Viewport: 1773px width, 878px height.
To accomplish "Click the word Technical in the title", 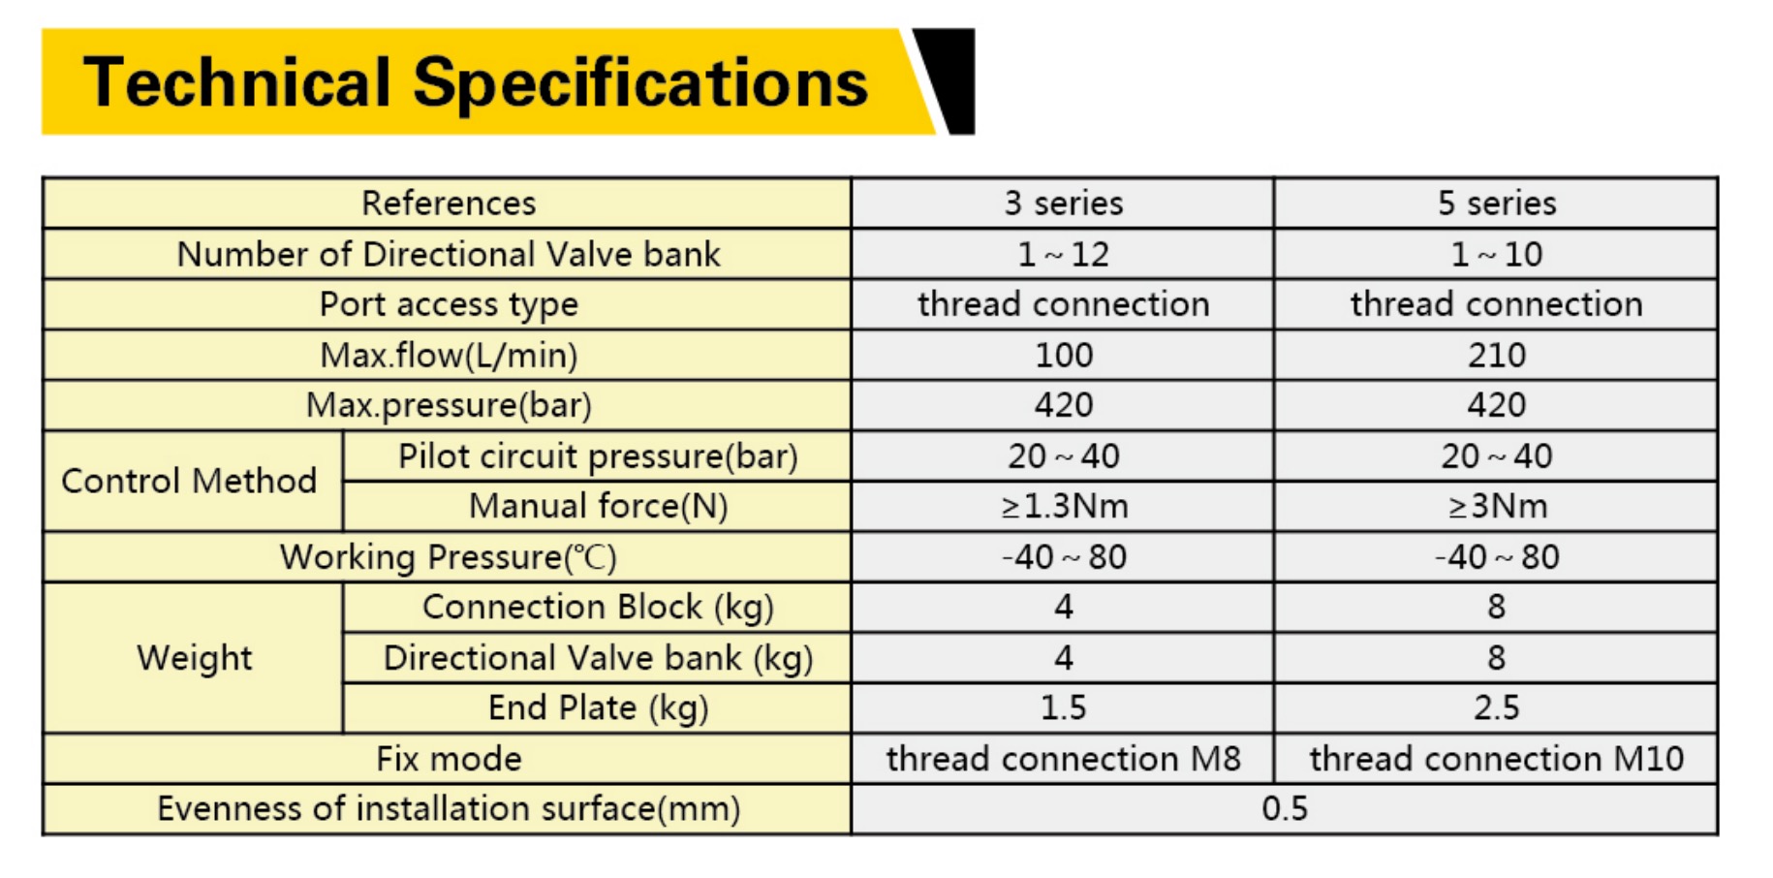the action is coord(237,81).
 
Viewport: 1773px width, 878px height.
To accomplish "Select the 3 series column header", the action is coord(1063,204).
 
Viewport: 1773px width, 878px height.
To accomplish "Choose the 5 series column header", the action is coord(1497,204).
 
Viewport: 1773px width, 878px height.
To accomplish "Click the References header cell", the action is coord(449,204).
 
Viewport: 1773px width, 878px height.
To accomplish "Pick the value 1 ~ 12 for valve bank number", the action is coord(1063,254).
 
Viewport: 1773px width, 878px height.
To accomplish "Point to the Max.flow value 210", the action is coord(1497,355).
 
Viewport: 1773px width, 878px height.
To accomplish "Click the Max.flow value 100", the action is coord(1063,355).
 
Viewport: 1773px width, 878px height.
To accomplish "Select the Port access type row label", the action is coord(449,305).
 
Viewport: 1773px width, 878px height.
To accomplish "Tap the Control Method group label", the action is coord(189,481).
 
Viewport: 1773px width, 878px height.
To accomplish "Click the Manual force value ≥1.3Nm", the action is coord(1063,506).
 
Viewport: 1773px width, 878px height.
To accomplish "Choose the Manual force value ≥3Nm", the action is coord(1497,506).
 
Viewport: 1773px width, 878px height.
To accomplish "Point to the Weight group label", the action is coord(194,658).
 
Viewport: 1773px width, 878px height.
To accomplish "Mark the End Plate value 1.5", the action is coord(1063,707).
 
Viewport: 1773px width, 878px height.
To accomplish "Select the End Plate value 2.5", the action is coord(1497,707).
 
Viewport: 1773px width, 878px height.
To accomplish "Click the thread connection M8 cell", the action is coord(1063,759).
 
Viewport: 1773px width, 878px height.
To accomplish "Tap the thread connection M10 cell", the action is coord(1497,759).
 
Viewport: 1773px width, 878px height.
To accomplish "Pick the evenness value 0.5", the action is coord(1285,809).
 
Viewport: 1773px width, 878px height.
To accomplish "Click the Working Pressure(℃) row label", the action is coord(449,557).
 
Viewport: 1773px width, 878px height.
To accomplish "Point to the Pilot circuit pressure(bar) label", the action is coord(598,456).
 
